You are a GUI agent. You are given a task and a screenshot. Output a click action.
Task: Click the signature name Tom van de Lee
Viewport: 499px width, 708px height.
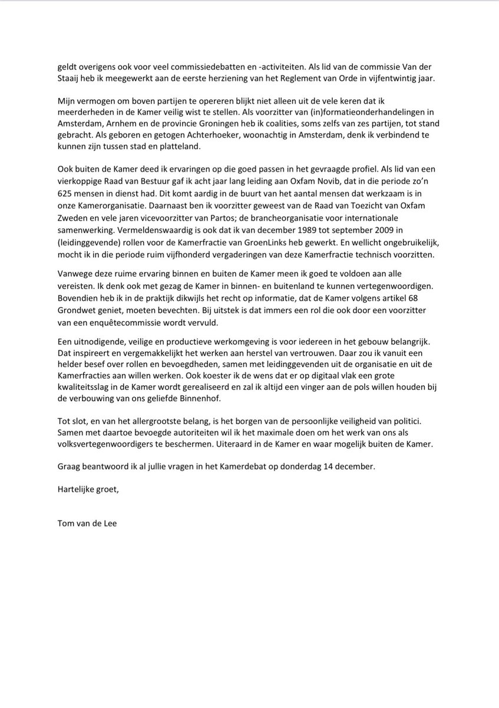(x=87, y=522)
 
